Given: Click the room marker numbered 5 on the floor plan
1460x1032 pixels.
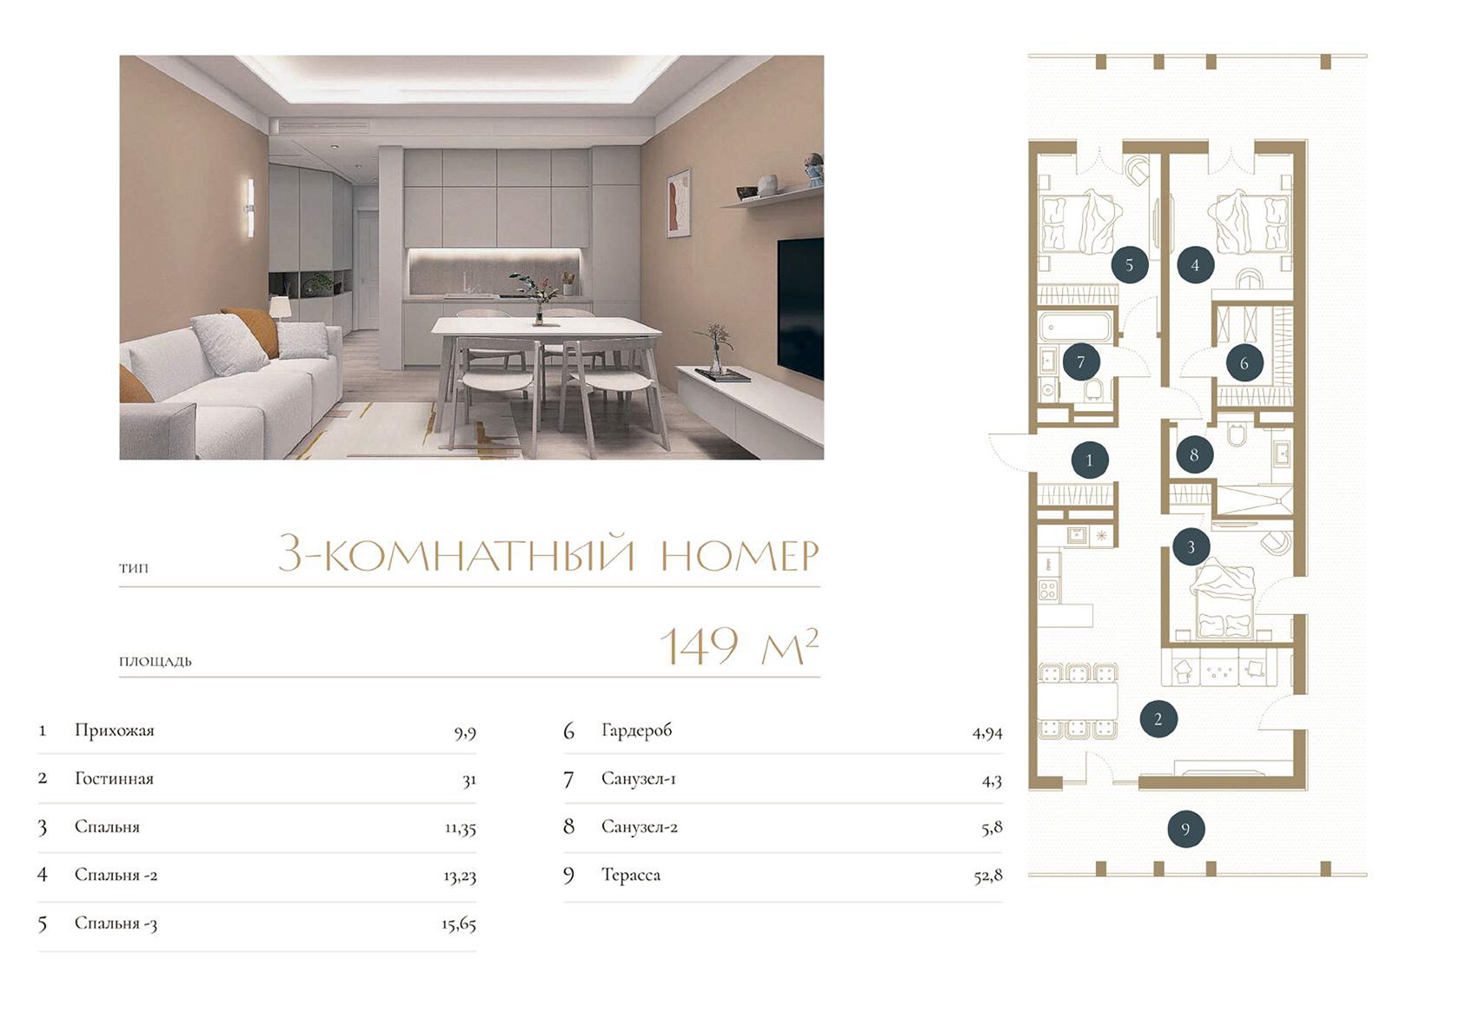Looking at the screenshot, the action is click(x=1130, y=264).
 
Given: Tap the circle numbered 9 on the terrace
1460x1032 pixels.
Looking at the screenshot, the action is click(x=1185, y=829).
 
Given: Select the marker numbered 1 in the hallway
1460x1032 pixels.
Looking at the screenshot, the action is click(x=1090, y=460).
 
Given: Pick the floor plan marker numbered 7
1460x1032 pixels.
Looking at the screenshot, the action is click(x=1081, y=361).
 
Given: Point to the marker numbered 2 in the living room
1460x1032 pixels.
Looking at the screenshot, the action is click(x=1158, y=719).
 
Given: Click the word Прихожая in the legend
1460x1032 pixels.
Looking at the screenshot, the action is click(x=115, y=731).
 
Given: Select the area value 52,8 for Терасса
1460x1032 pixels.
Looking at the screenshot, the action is click(x=988, y=877).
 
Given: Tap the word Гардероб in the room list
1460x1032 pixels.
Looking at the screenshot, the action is click(x=636, y=731).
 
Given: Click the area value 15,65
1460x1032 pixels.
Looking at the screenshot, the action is click(x=459, y=924).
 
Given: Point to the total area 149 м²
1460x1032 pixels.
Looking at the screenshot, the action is click(x=739, y=645).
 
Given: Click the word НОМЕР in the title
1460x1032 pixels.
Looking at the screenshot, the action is click(x=740, y=555).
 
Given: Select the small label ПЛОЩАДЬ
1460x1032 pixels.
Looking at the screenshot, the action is click(x=155, y=662).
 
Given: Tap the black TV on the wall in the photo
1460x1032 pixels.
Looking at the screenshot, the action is click(x=800, y=307).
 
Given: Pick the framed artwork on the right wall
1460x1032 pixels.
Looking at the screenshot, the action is click(x=679, y=202).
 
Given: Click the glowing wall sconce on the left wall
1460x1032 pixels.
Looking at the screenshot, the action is click(x=249, y=207).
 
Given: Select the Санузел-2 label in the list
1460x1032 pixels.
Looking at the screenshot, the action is click(x=640, y=827).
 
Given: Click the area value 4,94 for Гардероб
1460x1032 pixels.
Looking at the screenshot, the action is click(x=987, y=733).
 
